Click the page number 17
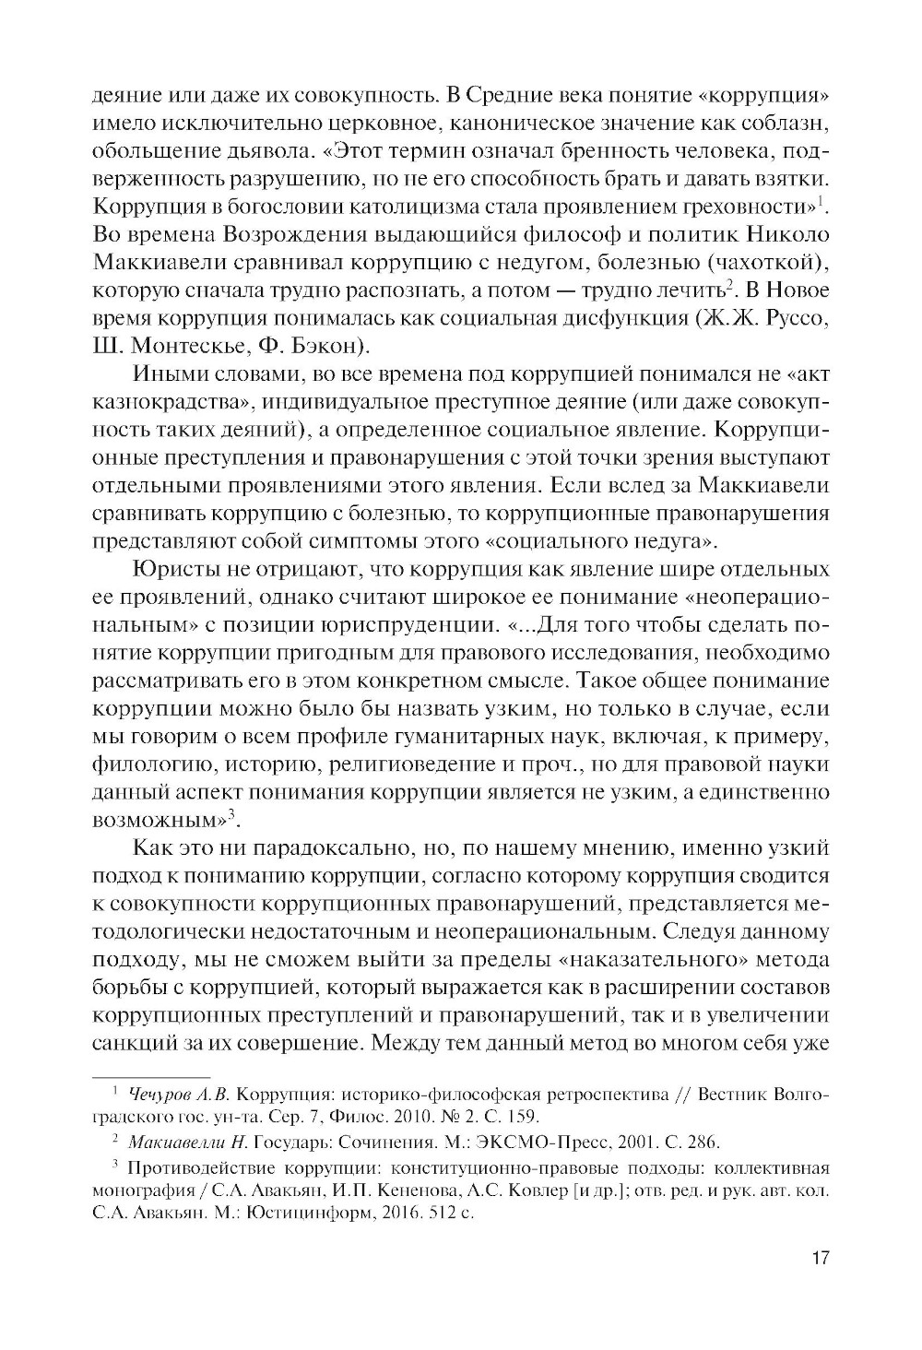pyautogui.click(x=820, y=1259)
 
